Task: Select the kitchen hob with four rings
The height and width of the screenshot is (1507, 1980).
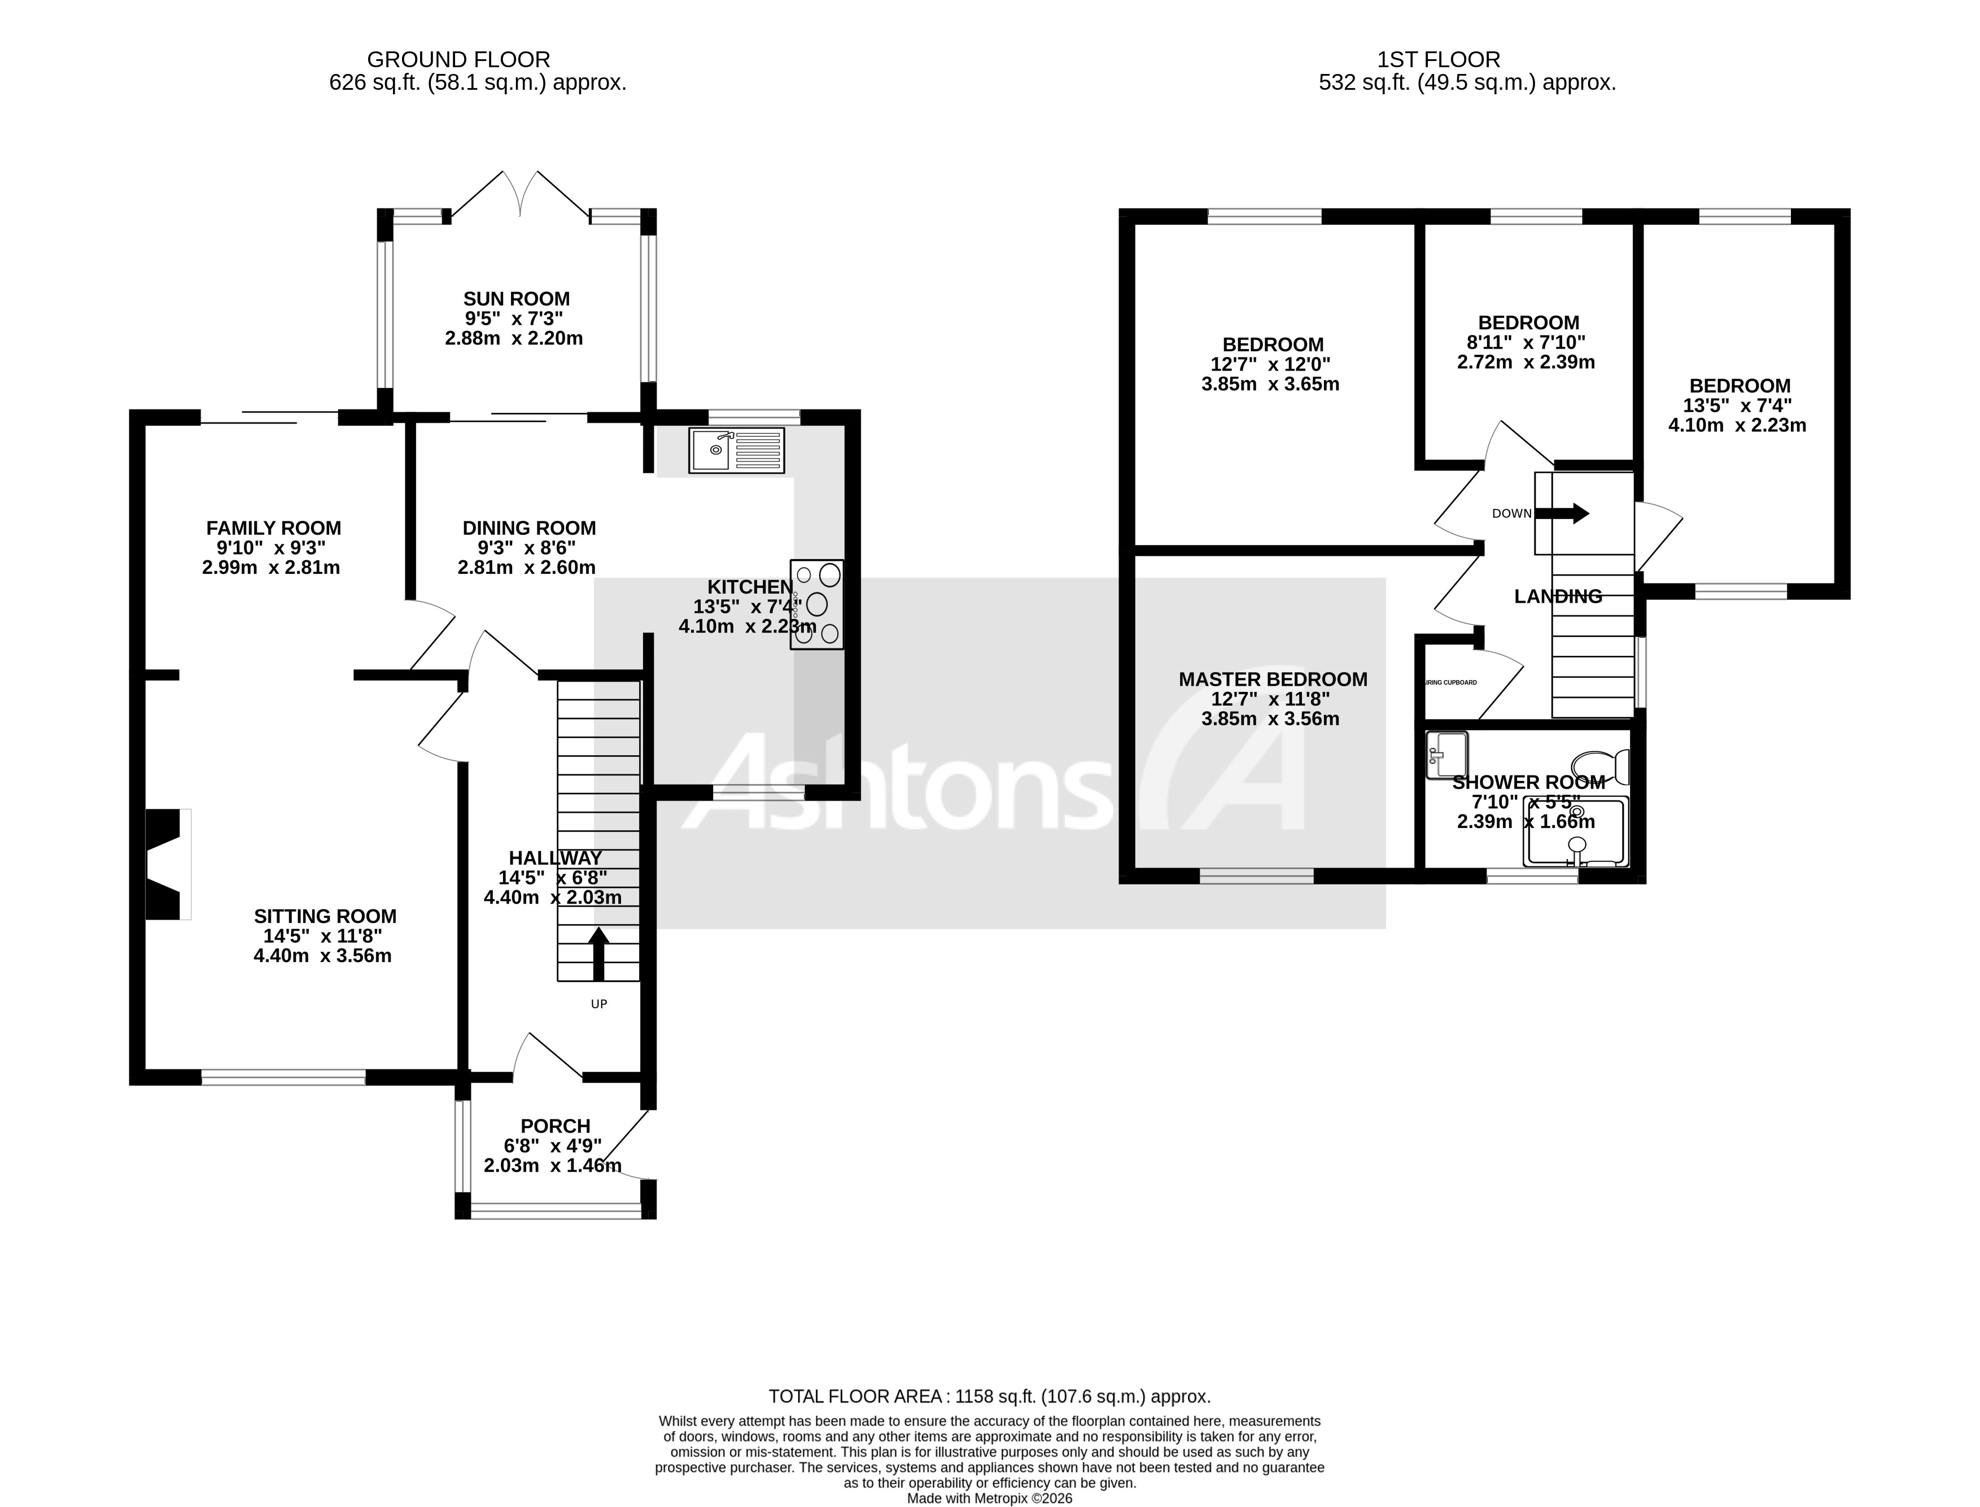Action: point(816,604)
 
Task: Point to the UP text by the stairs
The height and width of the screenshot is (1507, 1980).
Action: point(599,1004)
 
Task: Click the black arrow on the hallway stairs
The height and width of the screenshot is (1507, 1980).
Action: point(598,953)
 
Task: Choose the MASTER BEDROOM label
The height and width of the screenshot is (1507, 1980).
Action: point(1273,679)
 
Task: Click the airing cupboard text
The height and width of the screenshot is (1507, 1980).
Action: point(1450,683)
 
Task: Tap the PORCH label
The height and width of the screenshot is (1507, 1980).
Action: point(555,1126)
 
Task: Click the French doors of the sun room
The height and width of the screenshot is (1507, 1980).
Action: point(520,193)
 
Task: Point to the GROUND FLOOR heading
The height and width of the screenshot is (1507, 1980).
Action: point(458,59)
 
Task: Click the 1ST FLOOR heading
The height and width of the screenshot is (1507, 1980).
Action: point(1439,59)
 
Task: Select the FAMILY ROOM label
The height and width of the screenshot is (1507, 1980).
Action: point(273,528)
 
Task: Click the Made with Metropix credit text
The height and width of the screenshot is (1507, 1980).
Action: point(989,1498)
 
